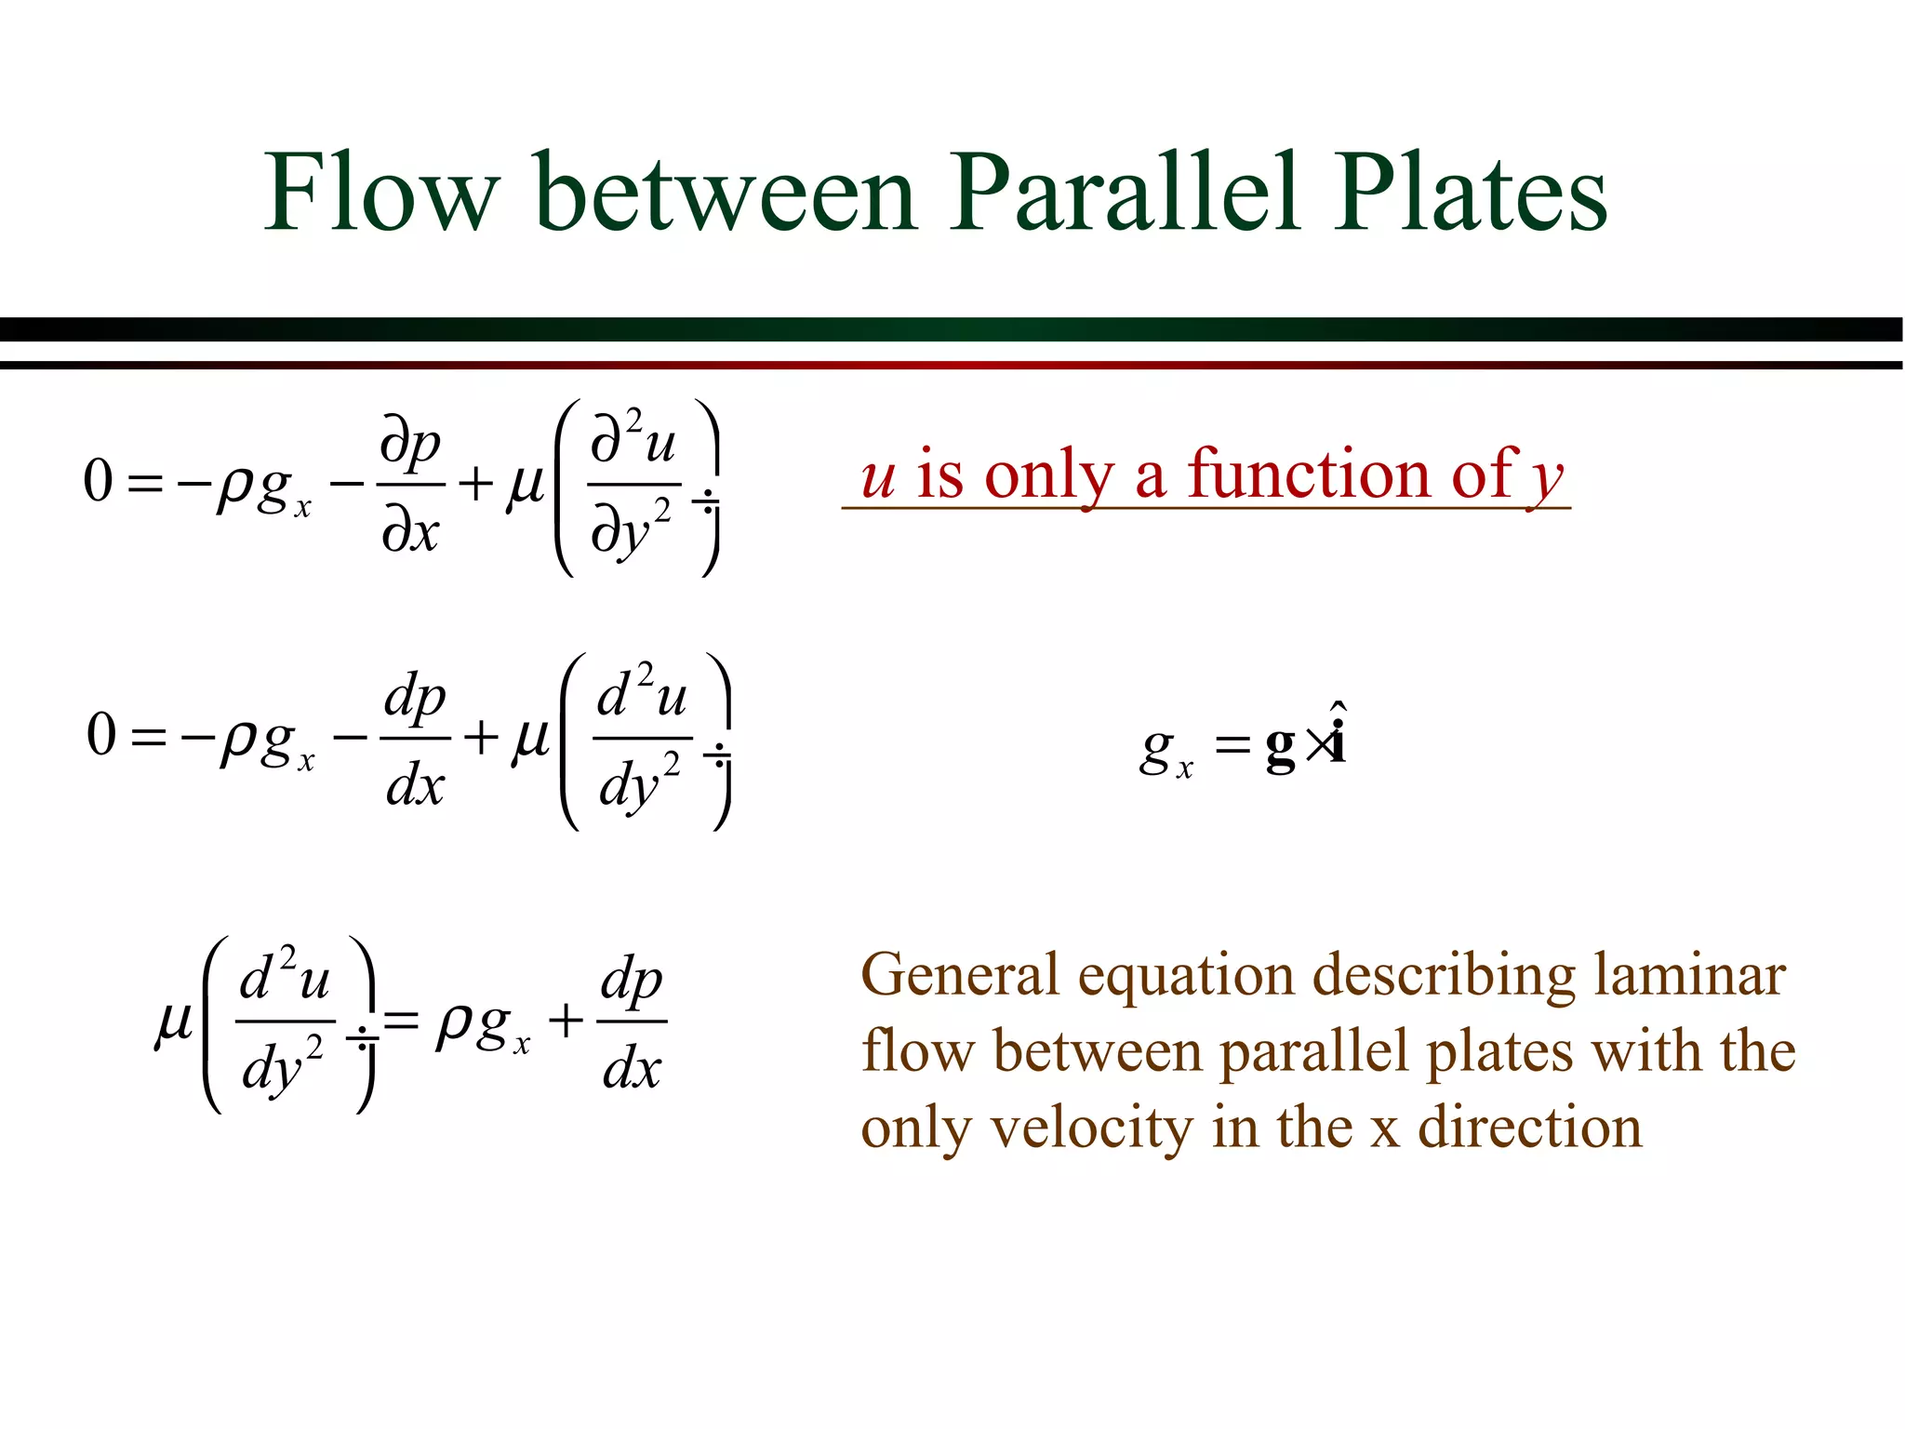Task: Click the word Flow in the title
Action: click(x=381, y=193)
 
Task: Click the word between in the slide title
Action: click(x=726, y=193)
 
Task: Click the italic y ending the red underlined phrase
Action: click(x=1546, y=479)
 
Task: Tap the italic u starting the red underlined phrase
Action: click(x=878, y=478)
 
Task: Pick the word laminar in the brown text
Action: click(x=1689, y=976)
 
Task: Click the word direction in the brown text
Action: click(x=1529, y=1128)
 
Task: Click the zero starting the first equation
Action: click(x=99, y=482)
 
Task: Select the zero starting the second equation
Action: click(x=101, y=735)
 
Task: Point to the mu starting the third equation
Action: click(x=173, y=1023)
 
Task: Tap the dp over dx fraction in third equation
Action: click(x=632, y=1022)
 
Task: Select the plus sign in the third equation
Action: click(x=566, y=1022)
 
